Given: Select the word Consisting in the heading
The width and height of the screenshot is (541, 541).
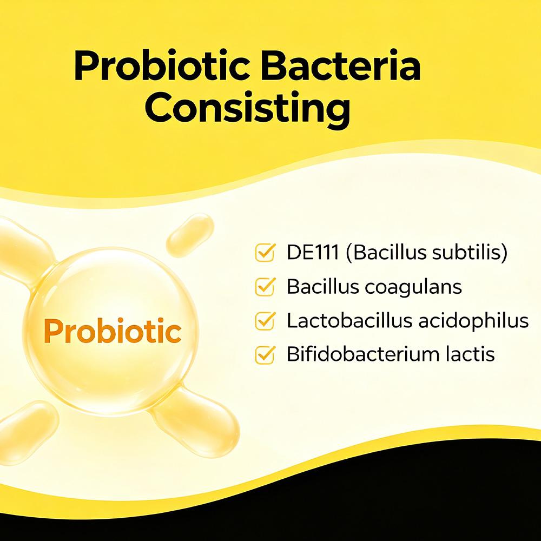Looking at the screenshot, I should click(247, 108).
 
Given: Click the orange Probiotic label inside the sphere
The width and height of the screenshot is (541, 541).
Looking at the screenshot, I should click(112, 331).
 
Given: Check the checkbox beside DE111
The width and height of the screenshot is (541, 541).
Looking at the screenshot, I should click(265, 253).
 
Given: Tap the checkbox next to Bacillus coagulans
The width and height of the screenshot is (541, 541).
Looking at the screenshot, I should click(265, 287).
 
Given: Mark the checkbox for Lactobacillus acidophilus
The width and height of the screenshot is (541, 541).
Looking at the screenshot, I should click(265, 321).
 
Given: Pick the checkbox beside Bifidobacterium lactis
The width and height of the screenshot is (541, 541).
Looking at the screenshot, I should click(265, 355).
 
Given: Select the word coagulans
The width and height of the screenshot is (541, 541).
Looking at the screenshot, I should click(413, 287).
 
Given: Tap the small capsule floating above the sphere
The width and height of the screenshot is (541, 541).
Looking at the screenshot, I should click(189, 235).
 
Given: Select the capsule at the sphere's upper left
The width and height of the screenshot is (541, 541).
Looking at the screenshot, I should click(22, 249).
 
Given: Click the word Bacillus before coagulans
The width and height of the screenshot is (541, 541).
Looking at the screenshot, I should click(322, 287).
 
